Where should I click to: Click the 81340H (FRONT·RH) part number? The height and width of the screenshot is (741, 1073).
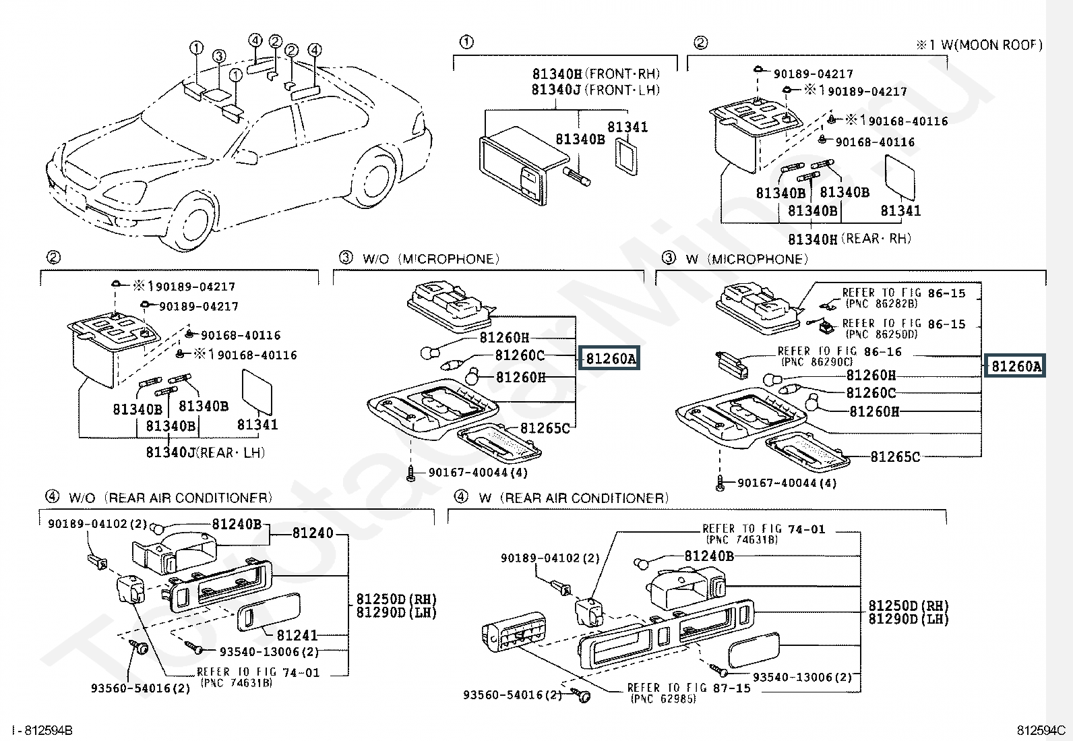(x=596, y=73)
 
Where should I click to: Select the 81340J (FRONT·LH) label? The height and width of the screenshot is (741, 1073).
(x=595, y=90)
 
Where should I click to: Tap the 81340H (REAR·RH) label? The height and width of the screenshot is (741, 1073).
(x=849, y=239)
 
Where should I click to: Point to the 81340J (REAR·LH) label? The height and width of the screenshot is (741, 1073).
(x=205, y=452)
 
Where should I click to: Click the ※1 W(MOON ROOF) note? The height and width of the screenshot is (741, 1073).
(x=979, y=45)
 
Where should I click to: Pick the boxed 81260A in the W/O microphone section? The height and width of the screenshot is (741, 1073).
(x=609, y=359)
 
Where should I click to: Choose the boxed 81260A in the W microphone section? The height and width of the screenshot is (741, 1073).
(x=1014, y=366)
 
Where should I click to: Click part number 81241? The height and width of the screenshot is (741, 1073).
(x=297, y=635)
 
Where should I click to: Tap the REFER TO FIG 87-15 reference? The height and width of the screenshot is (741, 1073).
(x=689, y=688)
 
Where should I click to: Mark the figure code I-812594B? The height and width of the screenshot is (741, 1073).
(x=42, y=730)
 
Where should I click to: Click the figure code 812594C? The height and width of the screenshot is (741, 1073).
(x=1041, y=730)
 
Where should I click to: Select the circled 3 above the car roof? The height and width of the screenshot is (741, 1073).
(x=219, y=56)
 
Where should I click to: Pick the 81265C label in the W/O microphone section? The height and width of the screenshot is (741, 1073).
(x=545, y=428)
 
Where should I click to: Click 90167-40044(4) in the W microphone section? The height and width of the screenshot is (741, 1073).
(x=787, y=483)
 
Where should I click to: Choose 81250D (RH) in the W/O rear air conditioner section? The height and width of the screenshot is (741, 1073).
(x=396, y=599)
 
